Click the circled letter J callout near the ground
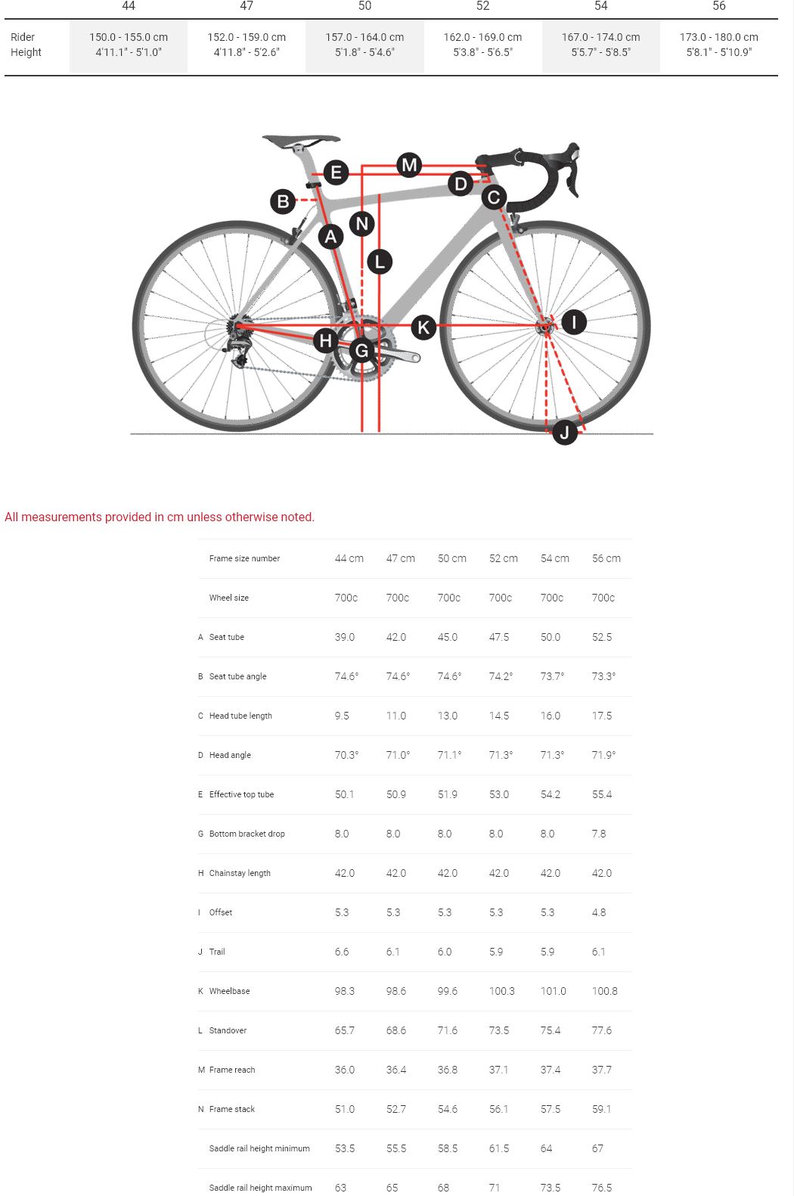[x=565, y=433]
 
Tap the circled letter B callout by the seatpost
[x=283, y=201]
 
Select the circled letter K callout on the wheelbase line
[x=423, y=327]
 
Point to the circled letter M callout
[x=409, y=164]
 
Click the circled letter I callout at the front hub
[x=574, y=322]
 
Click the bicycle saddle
[x=301, y=141]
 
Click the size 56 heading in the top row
[x=719, y=6]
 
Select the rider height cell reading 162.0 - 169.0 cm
[x=482, y=37]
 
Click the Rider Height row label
[x=26, y=45]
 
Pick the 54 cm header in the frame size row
[x=555, y=558]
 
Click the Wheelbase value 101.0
[x=554, y=991]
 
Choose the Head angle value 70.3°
[x=347, y=755]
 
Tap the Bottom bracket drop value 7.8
[x=599, y=834]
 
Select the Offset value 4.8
[x=599, y=912]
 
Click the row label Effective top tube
[x=241, y=794]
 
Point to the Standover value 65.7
[x=345, y=1030]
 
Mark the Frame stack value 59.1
[x=602, y=1109]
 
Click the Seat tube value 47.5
[x=499, y=637]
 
